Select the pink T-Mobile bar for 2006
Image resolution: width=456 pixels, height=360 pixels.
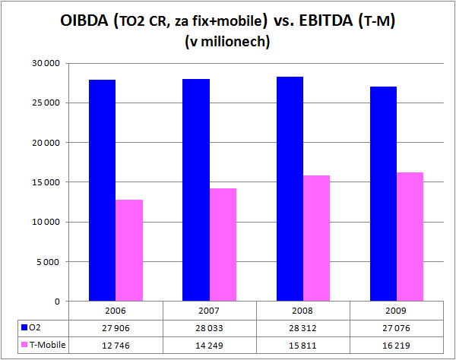(x=130, y=251)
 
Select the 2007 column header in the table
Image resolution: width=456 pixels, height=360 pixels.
(x=209, y=310)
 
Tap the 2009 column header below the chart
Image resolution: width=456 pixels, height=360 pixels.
(x=396, y=310)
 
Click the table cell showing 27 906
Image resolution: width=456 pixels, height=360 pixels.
(x=116, y=327)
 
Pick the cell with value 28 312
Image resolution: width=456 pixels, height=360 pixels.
(x=302, y=327)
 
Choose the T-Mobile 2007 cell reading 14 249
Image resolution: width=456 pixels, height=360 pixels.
(x=209, y=344)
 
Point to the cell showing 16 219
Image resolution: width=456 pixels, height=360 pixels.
(x=396, y=344)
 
